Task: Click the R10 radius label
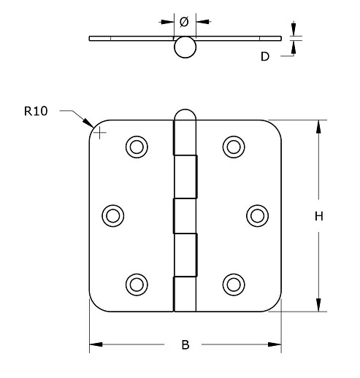(35, 112)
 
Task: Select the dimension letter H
(319, 216)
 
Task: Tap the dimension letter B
(185, 345)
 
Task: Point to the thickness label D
(266, 55)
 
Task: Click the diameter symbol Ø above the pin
(184, 22)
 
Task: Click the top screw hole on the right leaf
(233, 146)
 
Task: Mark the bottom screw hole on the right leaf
(233, 283)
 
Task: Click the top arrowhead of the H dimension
(319, 126)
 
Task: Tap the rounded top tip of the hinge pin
(185, 112)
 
